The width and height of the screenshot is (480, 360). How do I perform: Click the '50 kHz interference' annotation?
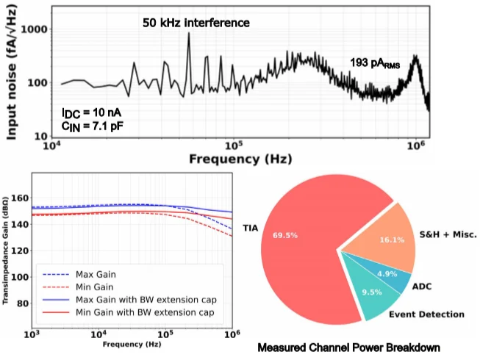pos(196,23)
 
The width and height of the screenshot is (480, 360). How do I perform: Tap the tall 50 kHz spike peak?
pos(189,34)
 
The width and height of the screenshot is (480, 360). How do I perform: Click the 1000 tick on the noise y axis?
pos(35,29)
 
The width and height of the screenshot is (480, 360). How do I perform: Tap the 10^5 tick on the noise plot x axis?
pos(234,146)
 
